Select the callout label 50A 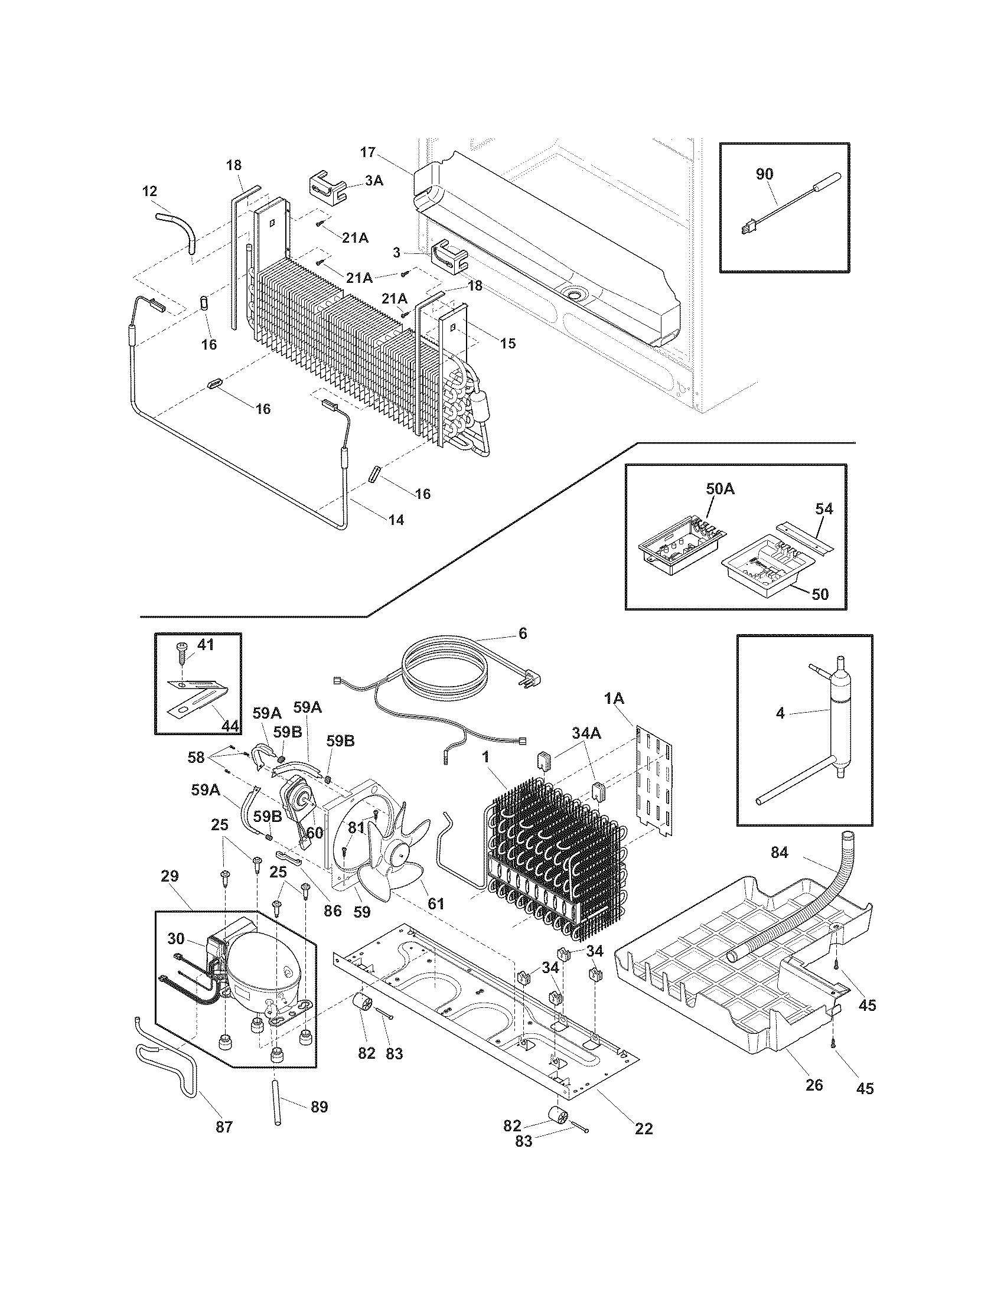pos(720,489)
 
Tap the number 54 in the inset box pos(824,508)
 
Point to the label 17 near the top pos(367,152)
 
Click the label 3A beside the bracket pos(373,181)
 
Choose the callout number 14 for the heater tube pos(396,520)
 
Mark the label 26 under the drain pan pos(814,1085)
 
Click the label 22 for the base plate pos(644,1128)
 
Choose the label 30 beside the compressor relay pos(175,938)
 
